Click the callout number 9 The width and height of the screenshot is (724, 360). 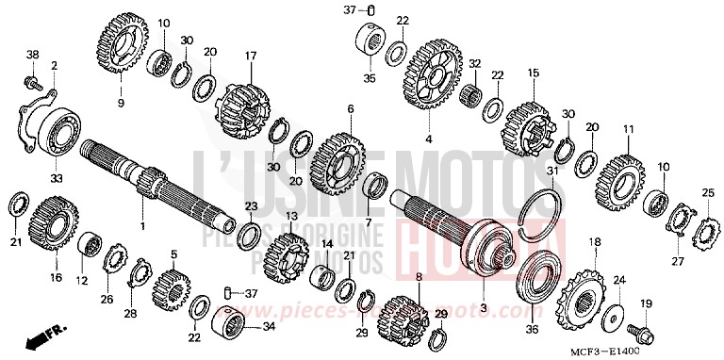click(x=120, y=101)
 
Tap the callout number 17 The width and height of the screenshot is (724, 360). click(x=251, y=56)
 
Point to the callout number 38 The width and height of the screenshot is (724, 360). click(x=33, y=56)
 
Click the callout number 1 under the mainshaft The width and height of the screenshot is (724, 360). click(x=142, y=226)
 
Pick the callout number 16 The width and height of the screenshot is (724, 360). click(x=56, y=277)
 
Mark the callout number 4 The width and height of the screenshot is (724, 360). click(x=428, y=139)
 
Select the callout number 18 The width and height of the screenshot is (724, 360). click(x=594, y=242)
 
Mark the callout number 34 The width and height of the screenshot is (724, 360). click(x=269, y=327)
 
